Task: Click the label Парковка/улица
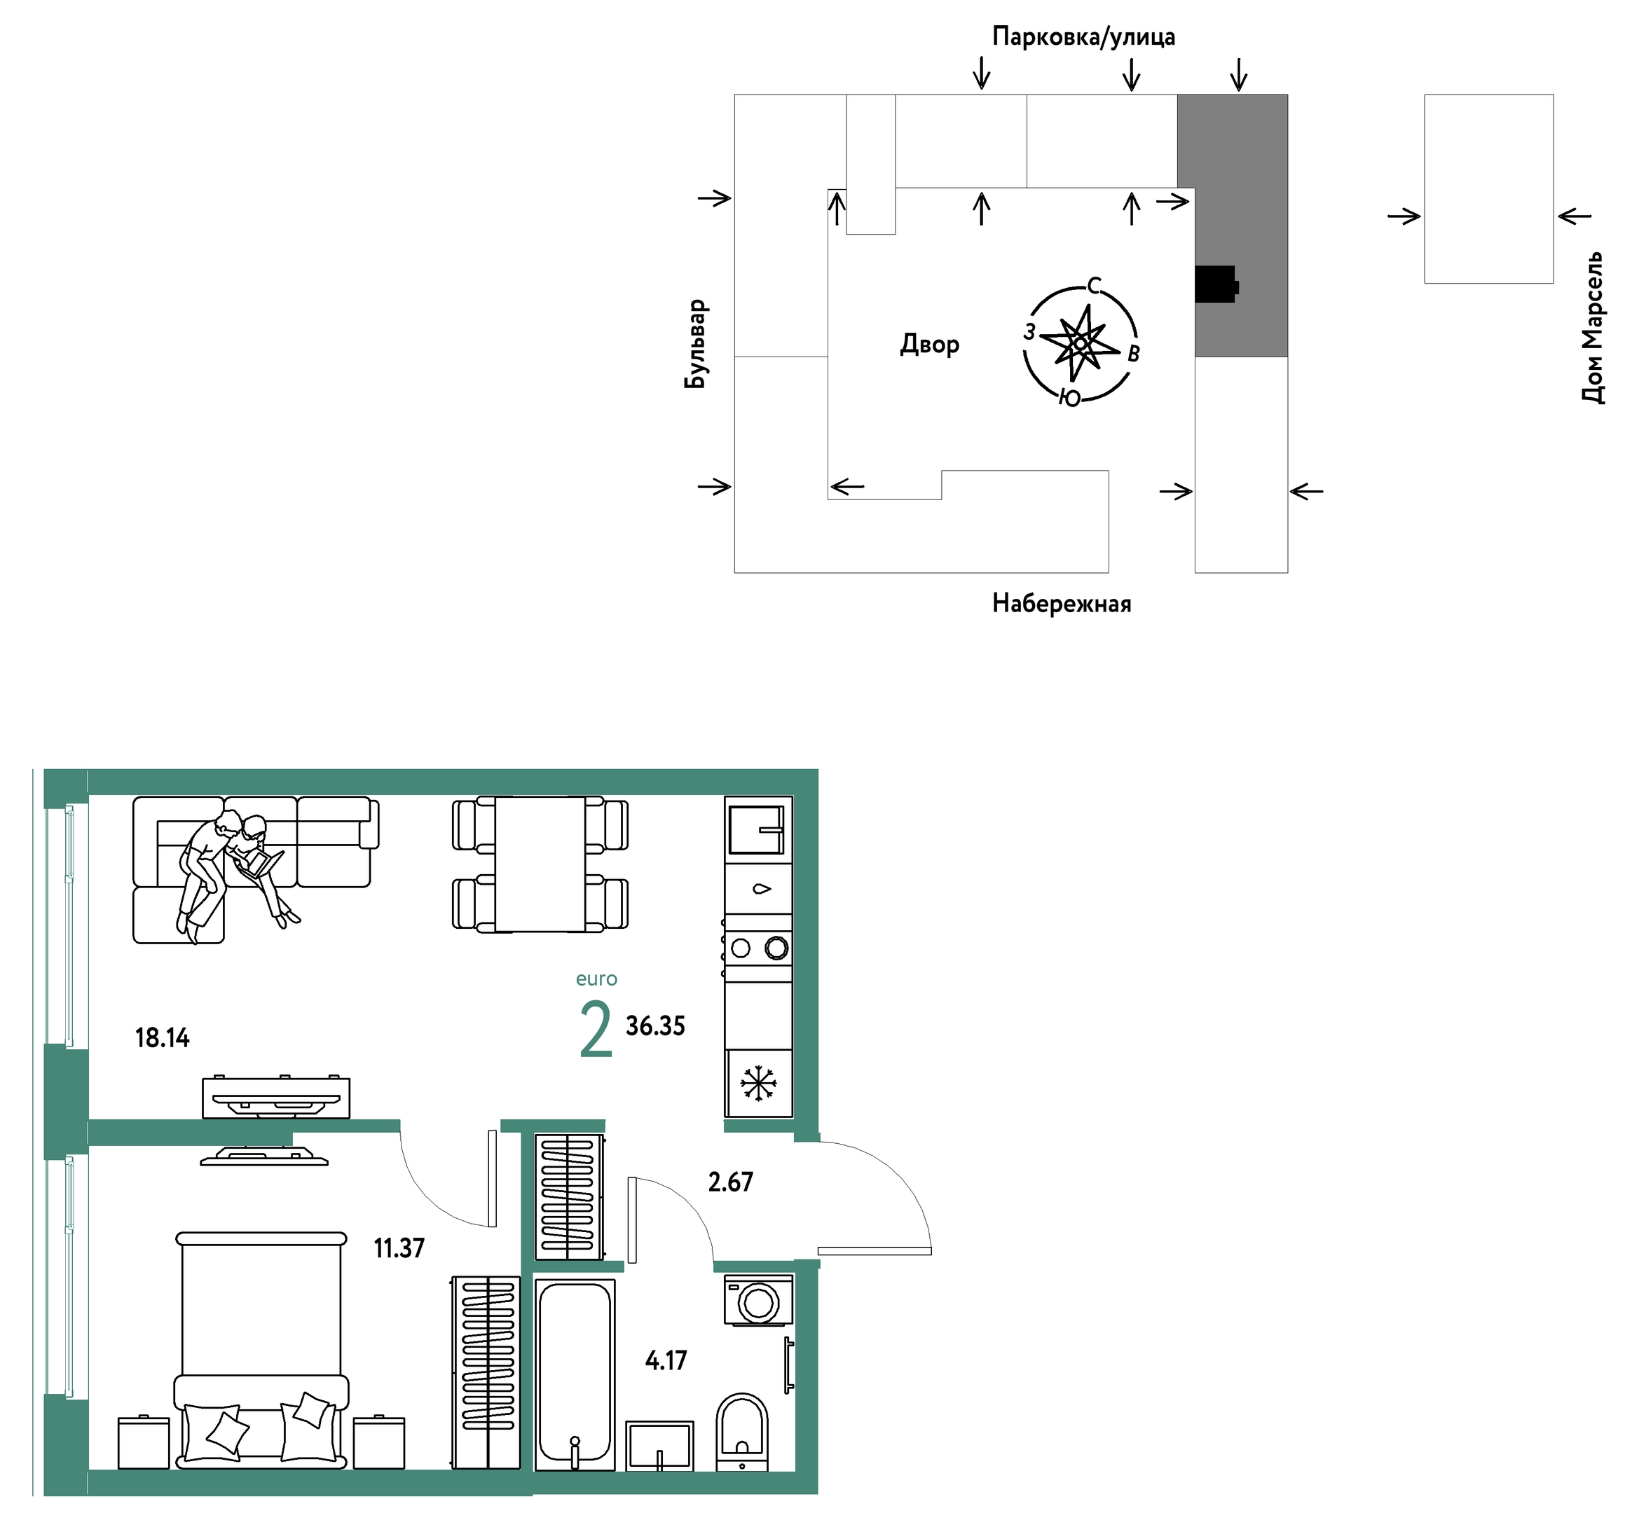click(1083, 37)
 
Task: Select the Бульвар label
click(696, 344)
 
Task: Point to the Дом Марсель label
click(1593, 328)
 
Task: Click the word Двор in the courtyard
click(929, 344)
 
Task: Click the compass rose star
click(1080, 344)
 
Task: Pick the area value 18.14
click(162, 1038)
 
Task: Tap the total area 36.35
click(655, 1026)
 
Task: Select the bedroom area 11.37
click(399, 1248)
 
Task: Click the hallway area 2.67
click(730, 1182)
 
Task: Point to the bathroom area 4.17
click(666, 1361)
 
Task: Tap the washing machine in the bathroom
click(758, 1301)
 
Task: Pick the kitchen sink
click(757, 829)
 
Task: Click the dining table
click(540, 864)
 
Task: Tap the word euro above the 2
click(596, 979)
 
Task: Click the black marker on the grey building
click(1216, 284)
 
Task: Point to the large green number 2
click(596, 1029)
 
